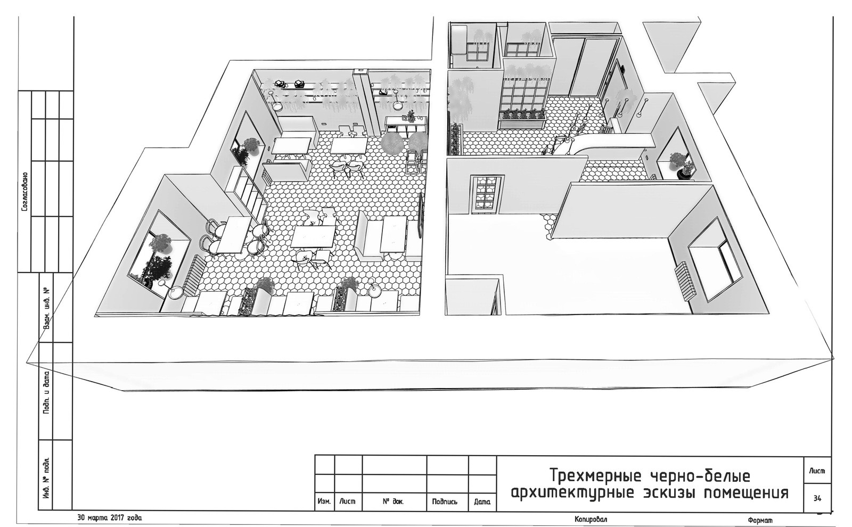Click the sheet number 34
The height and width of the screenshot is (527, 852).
tap(817, 498)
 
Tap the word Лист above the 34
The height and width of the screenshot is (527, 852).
tap(817, 471)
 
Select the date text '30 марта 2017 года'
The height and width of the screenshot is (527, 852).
tap(110, 517)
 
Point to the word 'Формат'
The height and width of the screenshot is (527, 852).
tap(760, 520)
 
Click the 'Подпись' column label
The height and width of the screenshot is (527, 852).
tap(447, 501)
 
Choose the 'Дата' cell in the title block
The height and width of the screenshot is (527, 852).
tap(482, 502)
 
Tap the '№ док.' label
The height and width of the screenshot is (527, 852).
tap(394, 501)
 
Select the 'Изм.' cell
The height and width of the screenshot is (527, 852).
tap(324, 501)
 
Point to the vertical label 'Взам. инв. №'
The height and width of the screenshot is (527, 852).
tap(47, 308)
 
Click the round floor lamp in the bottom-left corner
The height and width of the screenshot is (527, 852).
tap(176, 293)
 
